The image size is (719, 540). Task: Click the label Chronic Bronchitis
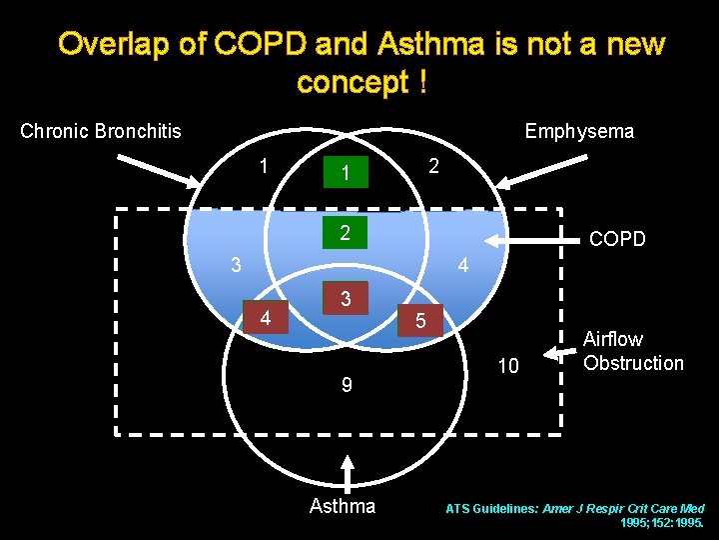pos(101,131)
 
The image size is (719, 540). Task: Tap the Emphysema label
pos(579,131)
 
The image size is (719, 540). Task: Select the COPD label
pos(617,239)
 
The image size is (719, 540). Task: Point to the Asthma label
pos(343,506)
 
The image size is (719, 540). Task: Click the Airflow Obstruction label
pos(633,351)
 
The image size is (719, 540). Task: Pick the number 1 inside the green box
pos(345,174)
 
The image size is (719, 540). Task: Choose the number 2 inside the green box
pos(344,233)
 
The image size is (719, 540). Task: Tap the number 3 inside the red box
pos(345,299)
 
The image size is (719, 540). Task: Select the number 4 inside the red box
pos(265,319)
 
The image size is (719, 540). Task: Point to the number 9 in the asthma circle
pos(346,384)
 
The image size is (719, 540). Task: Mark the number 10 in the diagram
pos(508,366)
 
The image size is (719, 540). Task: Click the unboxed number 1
pos(263,165)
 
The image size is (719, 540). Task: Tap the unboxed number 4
pos(462,266)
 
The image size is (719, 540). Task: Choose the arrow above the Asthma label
pos(347,473)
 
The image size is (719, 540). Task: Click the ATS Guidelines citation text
pos(574,515)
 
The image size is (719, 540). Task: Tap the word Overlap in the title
pos(105,45)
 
